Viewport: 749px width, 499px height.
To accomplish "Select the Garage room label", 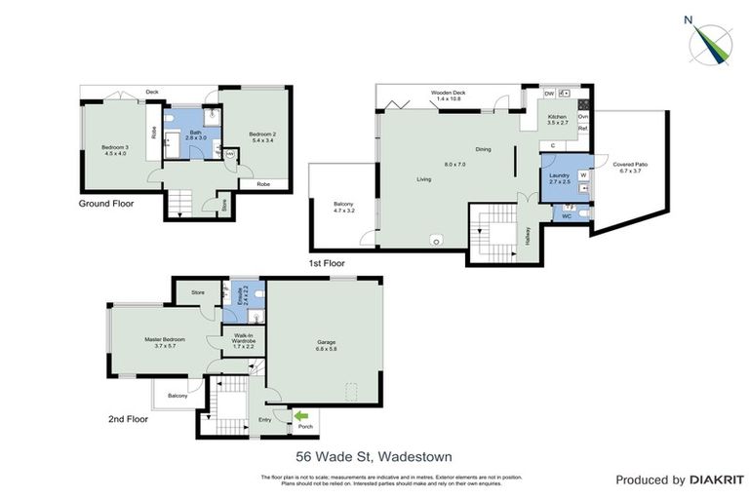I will click(x=325, y=342).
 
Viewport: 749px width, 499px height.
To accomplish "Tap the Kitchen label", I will click(x=557, y=120).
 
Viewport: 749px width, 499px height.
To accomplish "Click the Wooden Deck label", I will click(x=450, y=96).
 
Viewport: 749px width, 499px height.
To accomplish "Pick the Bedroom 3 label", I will click(x=115, y=151).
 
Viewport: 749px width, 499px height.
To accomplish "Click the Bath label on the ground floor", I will click(x=195, y=134).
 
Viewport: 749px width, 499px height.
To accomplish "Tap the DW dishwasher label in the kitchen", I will click(x=550, y=94).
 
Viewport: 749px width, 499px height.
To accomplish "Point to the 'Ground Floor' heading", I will click(x=106, y=204).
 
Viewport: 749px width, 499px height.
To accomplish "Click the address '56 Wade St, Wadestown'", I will click(x=374, y=455).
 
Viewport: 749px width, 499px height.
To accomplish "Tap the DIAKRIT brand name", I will click(x=716, y=480).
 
